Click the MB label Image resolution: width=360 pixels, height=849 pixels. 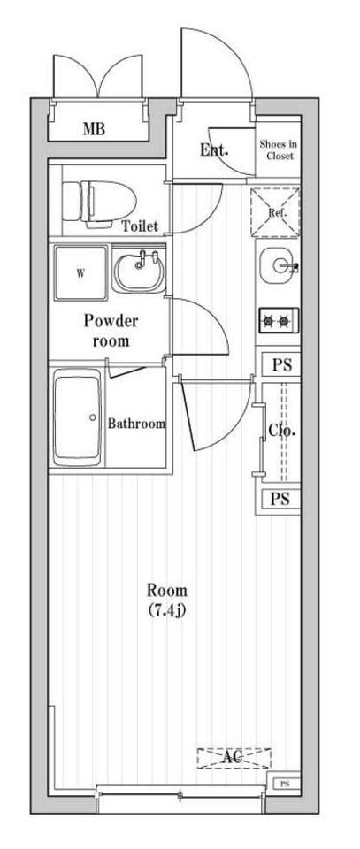coord(94,129)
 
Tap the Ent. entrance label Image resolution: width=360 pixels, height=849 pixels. coord(214,150)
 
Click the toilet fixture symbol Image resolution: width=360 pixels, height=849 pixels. coord(98,202)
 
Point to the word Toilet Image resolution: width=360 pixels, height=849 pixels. coord(140,226)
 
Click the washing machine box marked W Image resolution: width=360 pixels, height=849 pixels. coord(80,273)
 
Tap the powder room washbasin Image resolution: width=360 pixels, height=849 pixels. coord(139,272)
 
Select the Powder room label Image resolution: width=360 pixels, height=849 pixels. coord(111,330)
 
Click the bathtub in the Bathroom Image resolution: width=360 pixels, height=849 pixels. coord(78,417)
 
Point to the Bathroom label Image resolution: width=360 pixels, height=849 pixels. coord(136,424)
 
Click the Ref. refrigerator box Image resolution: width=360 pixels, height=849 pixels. coord(276,213)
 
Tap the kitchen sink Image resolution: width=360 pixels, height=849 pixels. coord(279,265)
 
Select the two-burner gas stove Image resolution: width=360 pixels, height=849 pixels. coord(279,321)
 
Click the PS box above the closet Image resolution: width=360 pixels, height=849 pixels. coord(281,364)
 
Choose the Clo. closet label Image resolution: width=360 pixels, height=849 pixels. coord(282,431)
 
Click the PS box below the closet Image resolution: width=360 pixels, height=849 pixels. coord(280,499)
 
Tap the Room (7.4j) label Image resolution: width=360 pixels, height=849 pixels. coord(167,600)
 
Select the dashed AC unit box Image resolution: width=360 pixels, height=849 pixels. coord(234,758)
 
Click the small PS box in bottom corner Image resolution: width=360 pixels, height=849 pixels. coord(285,784)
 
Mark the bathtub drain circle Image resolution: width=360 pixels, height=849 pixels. coord(93,417)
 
